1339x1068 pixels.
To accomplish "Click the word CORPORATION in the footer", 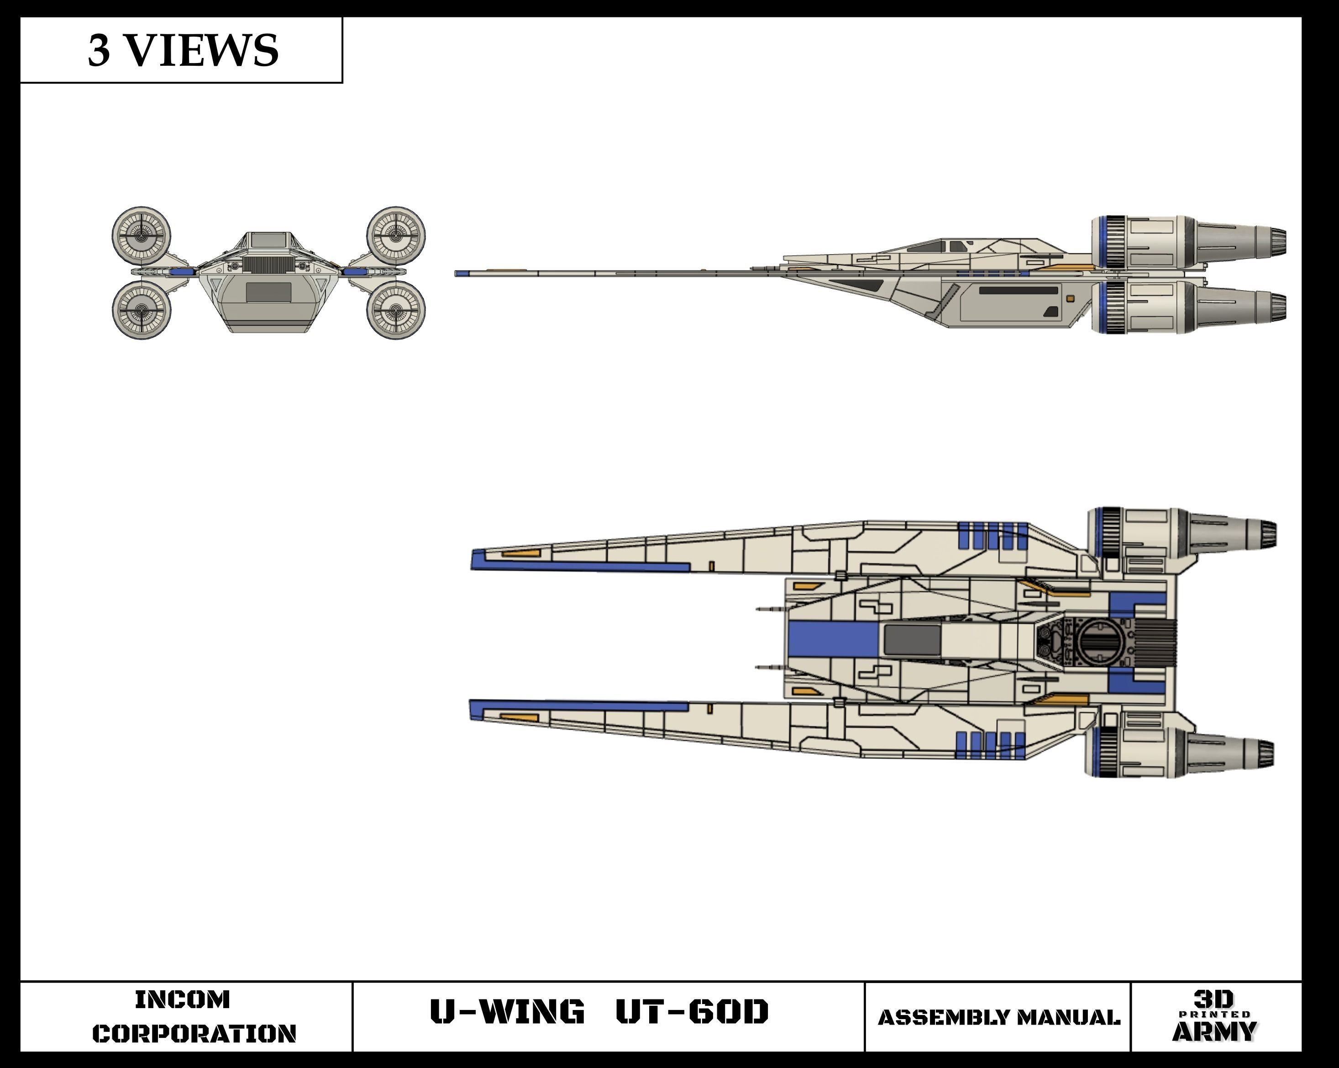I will click(194, 1033).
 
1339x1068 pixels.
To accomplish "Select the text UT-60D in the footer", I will click(692, 1011).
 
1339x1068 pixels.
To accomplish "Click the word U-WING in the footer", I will click(507, 1011).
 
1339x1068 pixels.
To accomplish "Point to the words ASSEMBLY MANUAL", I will click(999, 1018).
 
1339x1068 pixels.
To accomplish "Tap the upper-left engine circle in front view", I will click(142, 236).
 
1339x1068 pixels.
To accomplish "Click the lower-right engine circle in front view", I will click(396, 310).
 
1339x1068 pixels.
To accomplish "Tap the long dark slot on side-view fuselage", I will click(1019, 290).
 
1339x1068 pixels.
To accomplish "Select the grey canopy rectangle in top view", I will click(912, 640).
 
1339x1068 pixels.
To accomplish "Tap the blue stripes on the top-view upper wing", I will click(992, 536).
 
